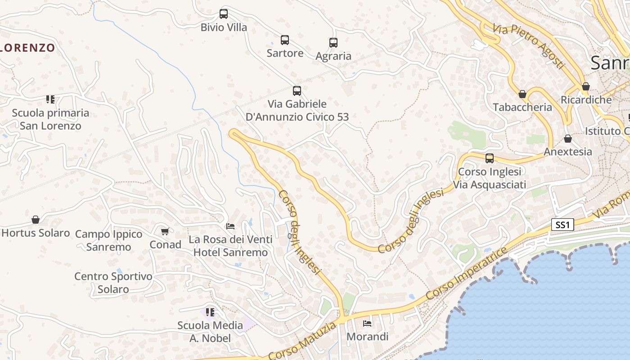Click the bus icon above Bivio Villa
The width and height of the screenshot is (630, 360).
pos(224,13)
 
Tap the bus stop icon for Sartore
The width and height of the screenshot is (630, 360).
pos(285,40)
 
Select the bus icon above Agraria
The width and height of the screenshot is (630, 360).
pos(333,43)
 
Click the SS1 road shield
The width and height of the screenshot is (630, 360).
pos(562,225)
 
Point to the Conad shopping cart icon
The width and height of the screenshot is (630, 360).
pos(165,231)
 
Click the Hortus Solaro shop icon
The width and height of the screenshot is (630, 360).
pos(36,220)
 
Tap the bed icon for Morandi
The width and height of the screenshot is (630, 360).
pos(367,323)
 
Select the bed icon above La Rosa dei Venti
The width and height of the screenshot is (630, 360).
pos(230,226)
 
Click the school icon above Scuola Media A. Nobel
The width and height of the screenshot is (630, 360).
pos(210,312)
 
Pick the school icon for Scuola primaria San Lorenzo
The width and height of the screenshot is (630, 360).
pos(50,99)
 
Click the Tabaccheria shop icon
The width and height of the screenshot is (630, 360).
pos(522,94)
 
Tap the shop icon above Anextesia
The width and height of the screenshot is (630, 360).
pos(568,139)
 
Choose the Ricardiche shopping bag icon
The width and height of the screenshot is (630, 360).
pos(586,86)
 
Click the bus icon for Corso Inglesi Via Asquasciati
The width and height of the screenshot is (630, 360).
pos(490,158)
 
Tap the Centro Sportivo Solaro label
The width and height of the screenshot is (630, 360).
pos(113,283)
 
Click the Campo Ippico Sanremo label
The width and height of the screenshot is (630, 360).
pos(108,240)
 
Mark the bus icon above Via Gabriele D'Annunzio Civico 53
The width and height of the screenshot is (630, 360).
pos(297,91)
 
